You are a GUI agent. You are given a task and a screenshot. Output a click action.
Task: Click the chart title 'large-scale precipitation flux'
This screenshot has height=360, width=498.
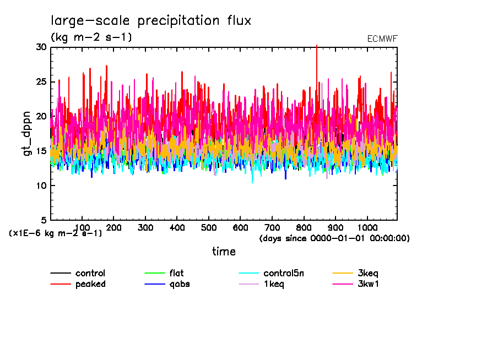[151, 21]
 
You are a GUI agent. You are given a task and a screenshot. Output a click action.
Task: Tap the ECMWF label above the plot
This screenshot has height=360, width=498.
[382, 39]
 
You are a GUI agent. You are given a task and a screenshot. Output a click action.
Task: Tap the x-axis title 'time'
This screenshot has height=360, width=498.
[224, 252]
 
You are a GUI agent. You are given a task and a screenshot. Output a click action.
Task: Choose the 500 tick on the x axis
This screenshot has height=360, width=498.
[209, 227]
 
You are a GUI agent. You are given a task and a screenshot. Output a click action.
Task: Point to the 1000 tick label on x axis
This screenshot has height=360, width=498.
[367, 227]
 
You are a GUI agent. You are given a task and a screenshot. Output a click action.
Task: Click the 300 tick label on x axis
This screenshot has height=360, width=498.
[145, 227]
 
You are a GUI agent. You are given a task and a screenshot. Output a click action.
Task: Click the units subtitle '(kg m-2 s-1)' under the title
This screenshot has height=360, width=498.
[91, 37]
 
